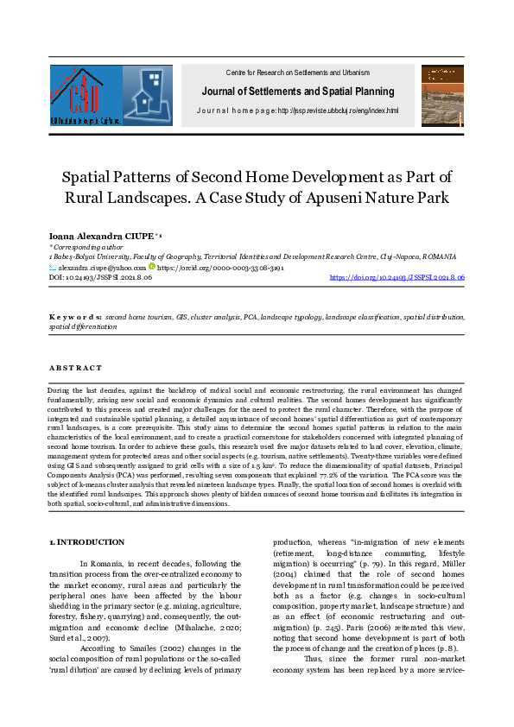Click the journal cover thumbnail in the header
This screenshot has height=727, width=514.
coord(441,96)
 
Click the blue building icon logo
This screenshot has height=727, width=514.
coord(148,96)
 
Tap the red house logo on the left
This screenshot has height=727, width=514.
coord(85,96)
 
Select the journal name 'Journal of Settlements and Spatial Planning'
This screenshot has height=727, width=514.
coord(297,92)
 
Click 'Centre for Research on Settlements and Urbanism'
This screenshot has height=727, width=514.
coord(297,72)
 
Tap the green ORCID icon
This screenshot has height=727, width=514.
coord(152,268)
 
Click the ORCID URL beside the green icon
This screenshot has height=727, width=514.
coord(219,269)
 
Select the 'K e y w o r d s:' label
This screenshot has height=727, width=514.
coord(75,318)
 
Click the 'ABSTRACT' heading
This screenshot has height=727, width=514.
coord(75,368)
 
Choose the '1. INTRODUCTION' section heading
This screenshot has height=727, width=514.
coord(86,541)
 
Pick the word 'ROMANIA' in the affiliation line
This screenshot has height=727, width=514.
coord(435,257)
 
